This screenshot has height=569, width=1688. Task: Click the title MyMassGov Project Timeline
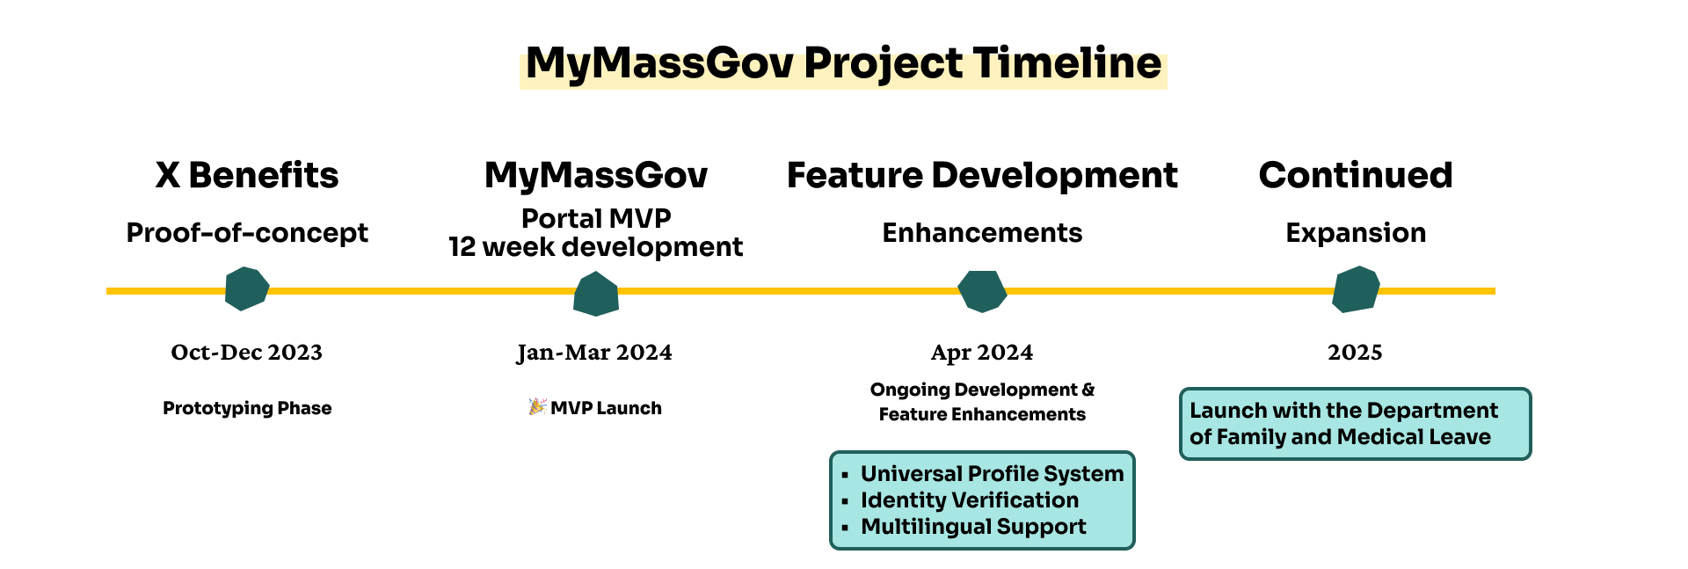(x=843, y=64)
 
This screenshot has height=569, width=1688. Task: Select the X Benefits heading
(x=247, y=175)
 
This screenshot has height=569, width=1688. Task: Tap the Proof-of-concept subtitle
(x=247, y=233)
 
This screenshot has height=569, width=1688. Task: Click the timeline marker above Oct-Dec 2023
(x=246, y=289)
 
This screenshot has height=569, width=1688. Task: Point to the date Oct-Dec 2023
(x=247, y=353)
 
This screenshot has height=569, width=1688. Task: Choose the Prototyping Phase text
(x=247, y=408)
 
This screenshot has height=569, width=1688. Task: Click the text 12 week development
(x=596, y=248)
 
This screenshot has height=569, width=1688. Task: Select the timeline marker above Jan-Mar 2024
(x=596, y=294)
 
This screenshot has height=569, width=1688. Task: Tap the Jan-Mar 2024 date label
(x=594, y=353)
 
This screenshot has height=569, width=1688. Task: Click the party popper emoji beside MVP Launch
(x=537, y=406)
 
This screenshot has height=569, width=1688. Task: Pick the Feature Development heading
(x=982, y=175)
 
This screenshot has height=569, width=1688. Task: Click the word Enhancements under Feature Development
(x=982, y=233)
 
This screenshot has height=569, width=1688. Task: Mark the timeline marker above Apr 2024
(x=981, y=290)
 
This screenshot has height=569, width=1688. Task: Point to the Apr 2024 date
(x=982, y=353)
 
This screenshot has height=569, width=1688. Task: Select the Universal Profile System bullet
(x=992, y=474)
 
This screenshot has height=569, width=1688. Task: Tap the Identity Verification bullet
(x=969, y=500)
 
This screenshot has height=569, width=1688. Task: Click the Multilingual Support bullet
(x=973, y=527)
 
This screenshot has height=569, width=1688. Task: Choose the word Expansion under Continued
(x=1356, y=233)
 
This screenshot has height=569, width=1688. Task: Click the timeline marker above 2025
(x=1355, y=289)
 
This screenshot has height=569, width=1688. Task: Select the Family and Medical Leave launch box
(x=1355, y=424)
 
